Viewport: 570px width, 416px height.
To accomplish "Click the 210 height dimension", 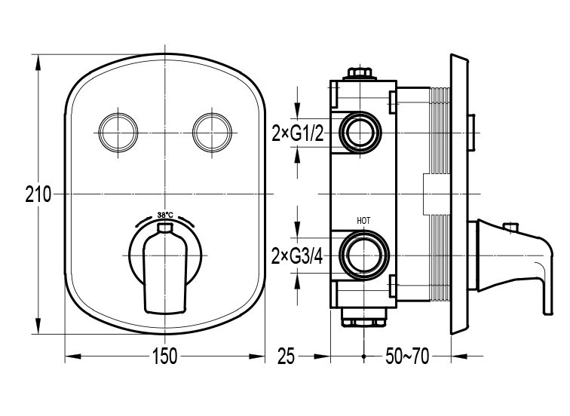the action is (38, 194).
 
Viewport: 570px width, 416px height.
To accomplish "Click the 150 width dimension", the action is (164, 356).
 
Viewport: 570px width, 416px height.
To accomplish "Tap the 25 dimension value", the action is (286, 356).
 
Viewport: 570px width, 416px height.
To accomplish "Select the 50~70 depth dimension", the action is (407, 356).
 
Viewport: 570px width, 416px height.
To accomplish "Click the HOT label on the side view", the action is (363, 221).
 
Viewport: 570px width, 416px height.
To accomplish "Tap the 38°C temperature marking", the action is (165, 215).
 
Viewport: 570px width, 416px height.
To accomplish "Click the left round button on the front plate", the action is (118, 133).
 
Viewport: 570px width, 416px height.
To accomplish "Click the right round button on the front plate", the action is (213, 133).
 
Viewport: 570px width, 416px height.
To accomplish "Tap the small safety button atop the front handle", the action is (165, 228).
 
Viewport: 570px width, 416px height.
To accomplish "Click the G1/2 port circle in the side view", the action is (360, 132).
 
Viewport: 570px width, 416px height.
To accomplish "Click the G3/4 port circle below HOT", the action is (364, 255).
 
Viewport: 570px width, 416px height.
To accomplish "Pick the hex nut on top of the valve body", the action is (360, 73).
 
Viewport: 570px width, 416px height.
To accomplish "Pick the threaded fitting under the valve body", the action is (363, 317).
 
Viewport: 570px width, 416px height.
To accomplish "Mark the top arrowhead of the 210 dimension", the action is (38, 63).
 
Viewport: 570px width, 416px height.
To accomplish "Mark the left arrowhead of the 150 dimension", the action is (72, 356).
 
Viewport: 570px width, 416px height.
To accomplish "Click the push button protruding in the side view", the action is (471, 132).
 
